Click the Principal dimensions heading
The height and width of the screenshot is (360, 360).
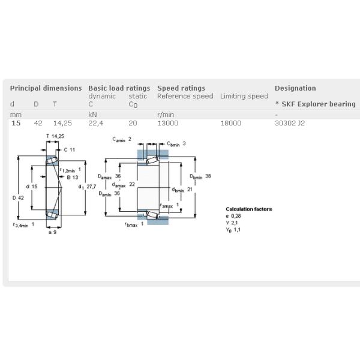tap(46, 88)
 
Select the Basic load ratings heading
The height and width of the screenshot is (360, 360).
tap(119, 88)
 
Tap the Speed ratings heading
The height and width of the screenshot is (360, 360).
tap(181, 88)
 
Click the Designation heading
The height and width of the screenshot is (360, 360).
tap(295, 88)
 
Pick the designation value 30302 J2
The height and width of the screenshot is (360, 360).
tap(290, 123)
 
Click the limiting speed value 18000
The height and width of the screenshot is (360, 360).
tap(231, 123)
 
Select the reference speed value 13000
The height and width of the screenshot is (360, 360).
tap(167, 123)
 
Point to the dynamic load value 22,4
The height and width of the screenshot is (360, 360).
tap(96, 123)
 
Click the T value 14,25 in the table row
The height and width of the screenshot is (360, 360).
tap(62, 123)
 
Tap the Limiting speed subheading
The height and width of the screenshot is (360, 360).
tap(244, 96)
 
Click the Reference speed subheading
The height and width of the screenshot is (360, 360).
tap(185, 96)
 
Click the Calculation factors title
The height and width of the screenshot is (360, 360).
tap(248, 209)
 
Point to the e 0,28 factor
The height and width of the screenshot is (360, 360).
tap(233, 216)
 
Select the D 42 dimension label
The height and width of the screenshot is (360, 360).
tap(17, 198)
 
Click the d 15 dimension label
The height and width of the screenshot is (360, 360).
tap(32, 187)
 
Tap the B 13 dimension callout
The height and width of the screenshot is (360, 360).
tap(72, 177)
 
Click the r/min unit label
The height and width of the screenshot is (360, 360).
tap(166, 114)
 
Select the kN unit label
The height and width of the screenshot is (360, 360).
tap(92, 114)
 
